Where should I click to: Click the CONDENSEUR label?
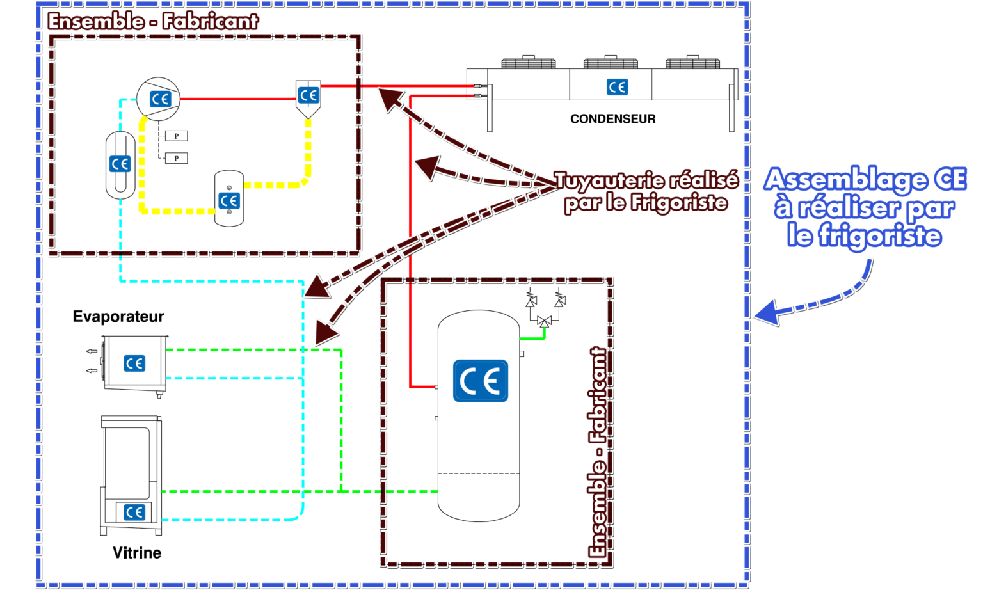pos(612,119)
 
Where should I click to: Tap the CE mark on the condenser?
pos(617,87)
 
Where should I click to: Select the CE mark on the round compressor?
pos(160,99)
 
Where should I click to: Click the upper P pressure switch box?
pos(176,136)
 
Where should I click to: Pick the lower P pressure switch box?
pos(176,158)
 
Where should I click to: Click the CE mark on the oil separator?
pos(308,95)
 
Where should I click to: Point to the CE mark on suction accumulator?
pos(120,164)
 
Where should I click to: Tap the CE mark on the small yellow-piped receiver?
pos(228,200)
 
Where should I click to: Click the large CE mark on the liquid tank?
pos(480,381)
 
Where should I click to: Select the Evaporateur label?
pos(118,317)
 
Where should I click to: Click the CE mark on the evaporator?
pos(134,363)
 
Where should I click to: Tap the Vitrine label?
pos(137,553)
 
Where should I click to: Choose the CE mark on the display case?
pos(134,512)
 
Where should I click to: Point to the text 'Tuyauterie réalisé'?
pos(646,180)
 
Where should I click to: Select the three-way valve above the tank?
pos(545,321)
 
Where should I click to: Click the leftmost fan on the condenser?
pos(529,63)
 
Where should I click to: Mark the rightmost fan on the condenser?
pos(692,63)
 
